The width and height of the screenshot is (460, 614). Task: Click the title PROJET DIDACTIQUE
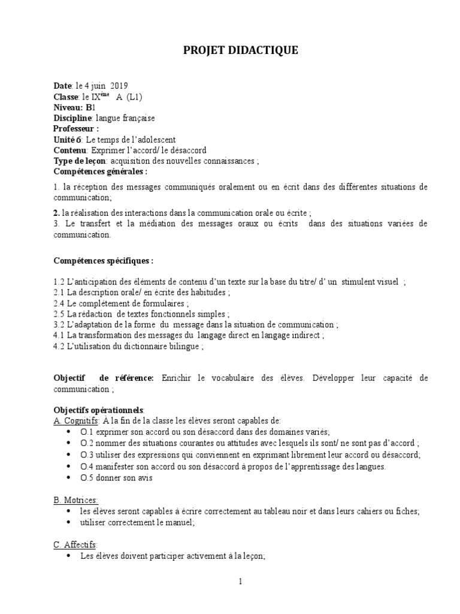click(x=240, y=52)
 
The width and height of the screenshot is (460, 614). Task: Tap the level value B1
click(x=90, y=107)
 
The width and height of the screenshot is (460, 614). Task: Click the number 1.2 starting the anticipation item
click(x=59, y=282)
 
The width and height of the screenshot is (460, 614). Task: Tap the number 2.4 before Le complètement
click(x=59, y=303)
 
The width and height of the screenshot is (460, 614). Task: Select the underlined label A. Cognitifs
click(x=75, y=420)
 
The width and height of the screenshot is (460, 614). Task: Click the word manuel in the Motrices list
click(x=181, y=522)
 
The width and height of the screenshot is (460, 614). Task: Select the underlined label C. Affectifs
click(x=75, y=544)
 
